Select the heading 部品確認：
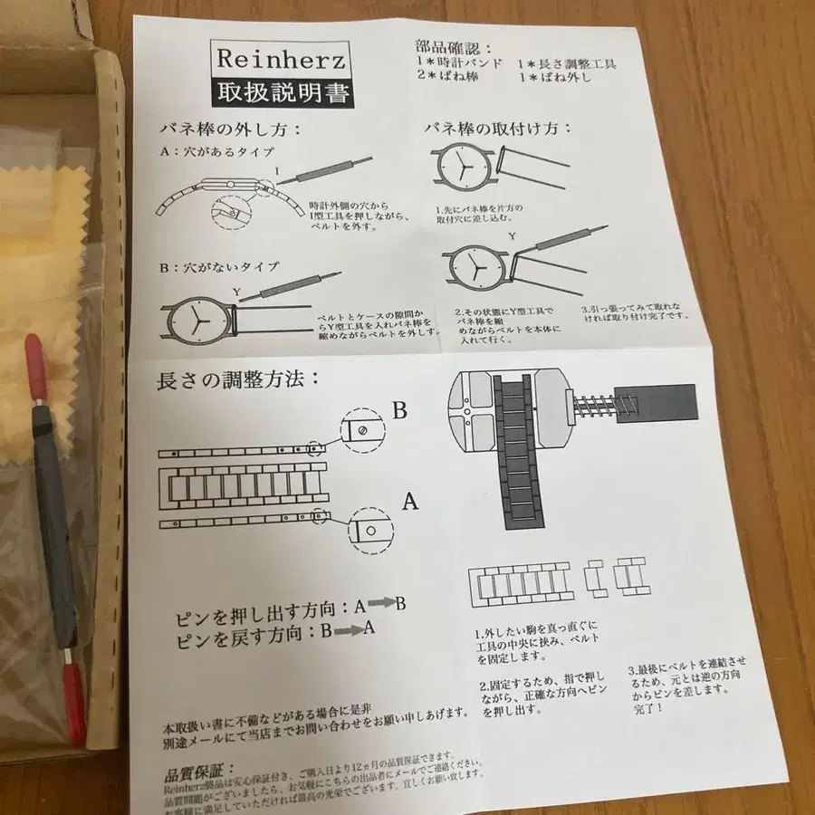point(452,48)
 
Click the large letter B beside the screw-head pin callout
point(398,408)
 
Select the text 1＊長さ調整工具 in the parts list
point(568,64)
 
